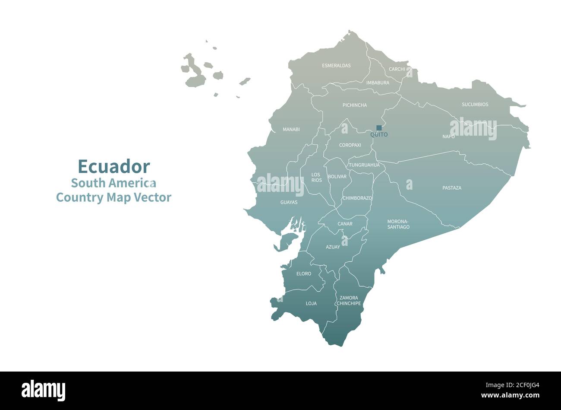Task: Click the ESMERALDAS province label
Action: coord(336,66)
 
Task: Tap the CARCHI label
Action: coord(397,69)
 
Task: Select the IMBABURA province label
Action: coord(378,83)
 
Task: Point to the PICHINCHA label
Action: coord(355,105)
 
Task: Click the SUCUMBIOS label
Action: coord(475,105)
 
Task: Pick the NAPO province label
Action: coord(448,137)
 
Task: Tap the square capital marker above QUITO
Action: coord(379,128)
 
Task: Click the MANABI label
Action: coord(291,129)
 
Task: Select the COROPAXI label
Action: coord(350,145)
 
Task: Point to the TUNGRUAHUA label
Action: coord(364,165)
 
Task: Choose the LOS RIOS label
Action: coord(316,177)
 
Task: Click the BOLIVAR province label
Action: coord(337,177)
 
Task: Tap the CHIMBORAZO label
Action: coord(357,198)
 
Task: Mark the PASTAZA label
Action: coord(451,188)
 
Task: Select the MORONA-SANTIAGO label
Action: coord(398,224)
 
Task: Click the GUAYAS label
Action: coord(289,202)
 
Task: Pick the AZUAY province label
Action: coord(333,247)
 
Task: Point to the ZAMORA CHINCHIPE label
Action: coord(349,301)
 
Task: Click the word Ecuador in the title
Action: coord(114,166)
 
